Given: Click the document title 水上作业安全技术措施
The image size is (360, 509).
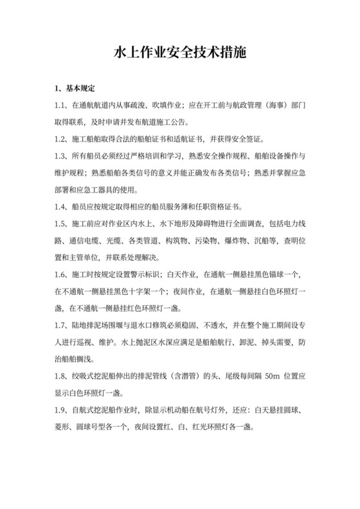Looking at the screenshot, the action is pyautogui.click(x=180, y=51).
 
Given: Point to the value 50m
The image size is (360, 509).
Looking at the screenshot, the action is pyautogui.click(x=255, y=376).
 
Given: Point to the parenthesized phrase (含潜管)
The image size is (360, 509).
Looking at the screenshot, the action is pyautogui.click(x=185, y=376).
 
